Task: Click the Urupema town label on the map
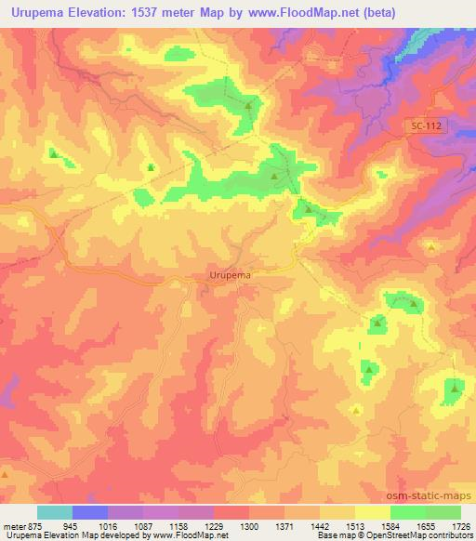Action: [x=229, y=275]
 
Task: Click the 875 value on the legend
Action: [x=38, y=525]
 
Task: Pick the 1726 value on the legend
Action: [x=460, y=525]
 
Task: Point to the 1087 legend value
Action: [x=143, y=525]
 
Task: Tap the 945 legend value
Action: [x=73, y=525]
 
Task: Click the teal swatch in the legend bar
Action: [x=55, y=512]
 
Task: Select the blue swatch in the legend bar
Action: [x=90, y=512]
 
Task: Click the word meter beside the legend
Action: [x=14, y=525]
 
